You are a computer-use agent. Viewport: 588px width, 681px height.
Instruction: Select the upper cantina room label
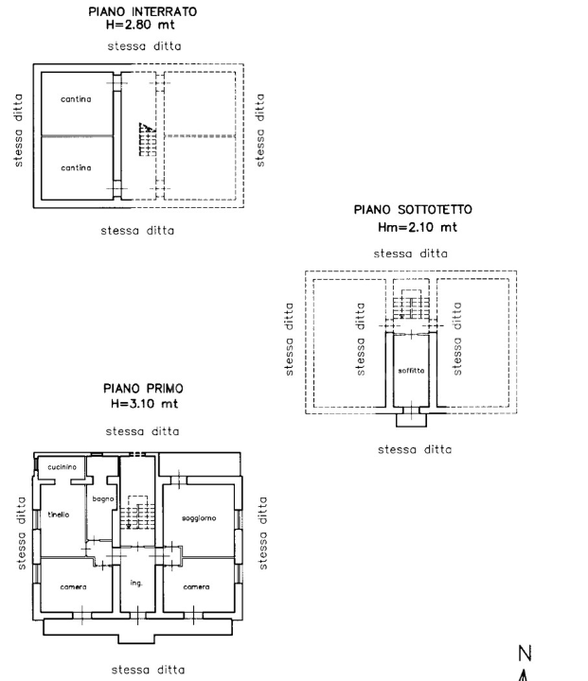(x=76, y=98)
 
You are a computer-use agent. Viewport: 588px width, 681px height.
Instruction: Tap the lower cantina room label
(x=76, y=167)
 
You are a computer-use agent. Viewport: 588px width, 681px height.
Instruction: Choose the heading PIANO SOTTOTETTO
(x=412, y=211)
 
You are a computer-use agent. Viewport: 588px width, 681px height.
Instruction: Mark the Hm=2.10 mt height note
(x=412, y=227)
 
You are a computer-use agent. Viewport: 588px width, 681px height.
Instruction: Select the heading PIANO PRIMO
(x=144, y=389)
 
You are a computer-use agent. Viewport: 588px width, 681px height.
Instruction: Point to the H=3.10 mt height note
(x=144, y=404)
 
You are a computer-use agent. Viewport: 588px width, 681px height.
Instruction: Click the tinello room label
(x=58, y=515)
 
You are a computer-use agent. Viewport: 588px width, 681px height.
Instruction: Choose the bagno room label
(x=101, y=498)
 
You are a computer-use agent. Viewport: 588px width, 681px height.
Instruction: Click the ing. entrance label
(x=137, y=582)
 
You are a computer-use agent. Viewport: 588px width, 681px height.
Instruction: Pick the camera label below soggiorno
(x=197, y=586)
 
